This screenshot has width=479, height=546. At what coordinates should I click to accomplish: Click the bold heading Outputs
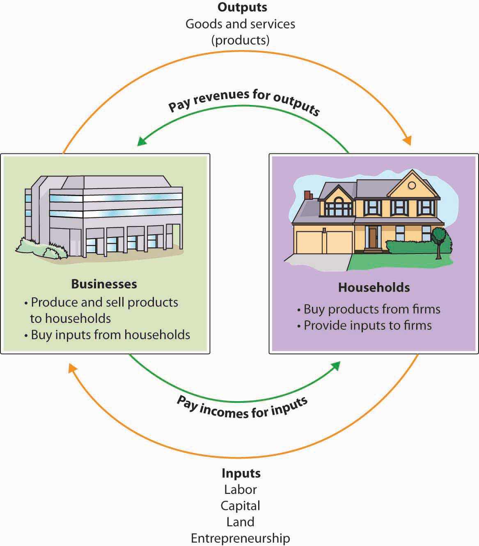click(242, 7)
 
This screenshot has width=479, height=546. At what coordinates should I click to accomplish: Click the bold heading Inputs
click(241, 473)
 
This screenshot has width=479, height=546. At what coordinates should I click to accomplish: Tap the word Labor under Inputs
click(241, 489)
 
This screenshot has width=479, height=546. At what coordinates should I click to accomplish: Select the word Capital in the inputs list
click(241, 505)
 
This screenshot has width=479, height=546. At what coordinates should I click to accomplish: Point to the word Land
click(241, 522)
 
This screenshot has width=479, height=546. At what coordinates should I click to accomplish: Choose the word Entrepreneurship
click(241, 538)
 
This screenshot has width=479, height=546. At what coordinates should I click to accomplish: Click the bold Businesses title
click(104, 284)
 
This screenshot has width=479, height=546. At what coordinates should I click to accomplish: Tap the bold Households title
click(374, 287)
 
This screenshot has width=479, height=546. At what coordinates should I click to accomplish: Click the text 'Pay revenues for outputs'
click(244, 102)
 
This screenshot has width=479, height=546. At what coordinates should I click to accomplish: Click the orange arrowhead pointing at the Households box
click(407, 141)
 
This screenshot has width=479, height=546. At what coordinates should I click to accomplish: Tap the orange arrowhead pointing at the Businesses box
click(72, 368)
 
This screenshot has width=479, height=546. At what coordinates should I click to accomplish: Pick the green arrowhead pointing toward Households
click(336, 365)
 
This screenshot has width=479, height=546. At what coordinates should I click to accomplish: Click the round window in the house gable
click(412, 185)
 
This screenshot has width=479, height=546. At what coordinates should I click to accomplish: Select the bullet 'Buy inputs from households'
click(110, 335)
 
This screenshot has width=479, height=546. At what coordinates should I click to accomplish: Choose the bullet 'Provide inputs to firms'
click(367, 325)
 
